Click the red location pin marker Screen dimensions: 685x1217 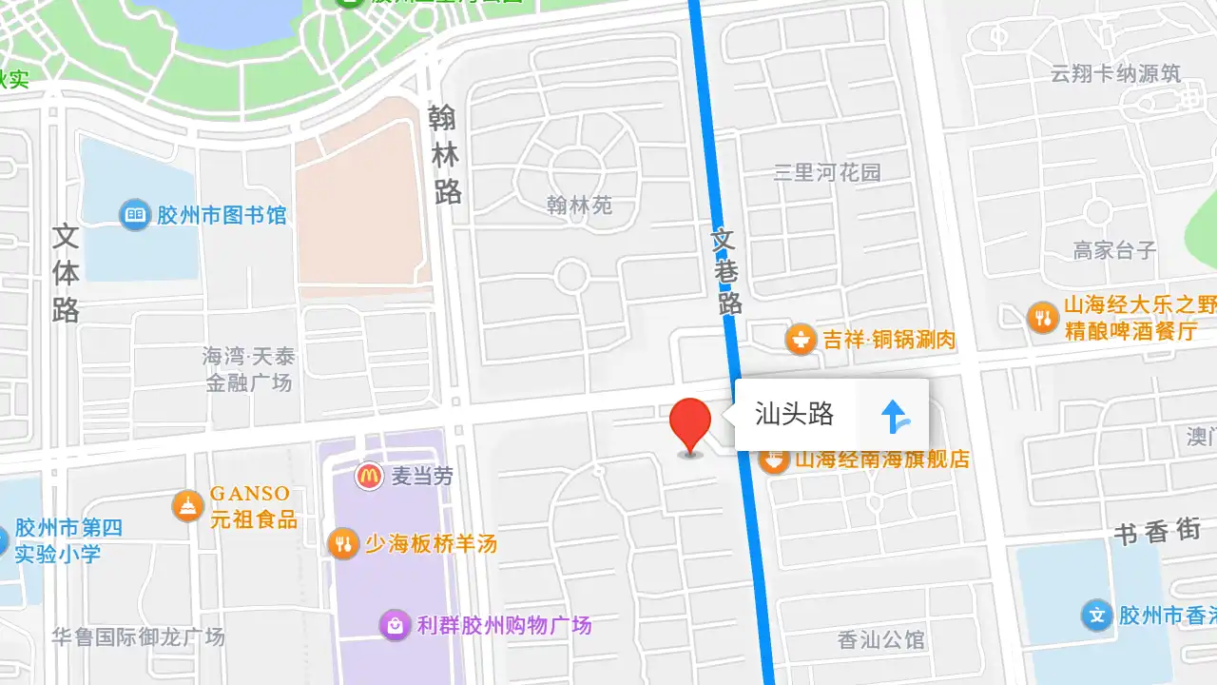pyautogui.click(x=690, y=424)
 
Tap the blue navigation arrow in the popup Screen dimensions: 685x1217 pyautogui.click(x=894, y=416)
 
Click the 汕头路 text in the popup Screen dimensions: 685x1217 pyautogui.click(x=794, y=414)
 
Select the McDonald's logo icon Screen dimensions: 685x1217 pyautogui.click(x=370, y=476)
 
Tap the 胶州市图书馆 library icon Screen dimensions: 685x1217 pyautogui.click(x=135, y=215)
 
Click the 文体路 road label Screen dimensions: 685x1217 pyautogui.click(x=66, y=273)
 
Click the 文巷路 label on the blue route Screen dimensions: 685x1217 pyautogui.click(x=726, y=270)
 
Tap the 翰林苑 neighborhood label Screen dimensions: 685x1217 pyautogui.click(x=580, y=205)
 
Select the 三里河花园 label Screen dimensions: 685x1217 pyautogui.click(x=827, y=172)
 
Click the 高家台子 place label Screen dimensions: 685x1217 pyautogui.click(x=1114, y=250)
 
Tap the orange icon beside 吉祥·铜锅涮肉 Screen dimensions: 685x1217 pyautogui.click(x=801, y=339)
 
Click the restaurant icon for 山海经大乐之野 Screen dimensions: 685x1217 pyautogui.click(x=1043, y=318)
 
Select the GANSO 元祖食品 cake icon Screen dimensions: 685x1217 pyautogui.click(x=188, y=506)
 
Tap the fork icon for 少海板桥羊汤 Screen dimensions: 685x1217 pyautogui.click(x=342, y=544)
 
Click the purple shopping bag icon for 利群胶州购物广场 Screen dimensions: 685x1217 pyautogui.click(x=394, y=625)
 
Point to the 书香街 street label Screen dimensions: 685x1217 pyautogui.click(x=1157, y=532)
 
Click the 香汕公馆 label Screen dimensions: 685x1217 pyautogui.click(x=881, y=640)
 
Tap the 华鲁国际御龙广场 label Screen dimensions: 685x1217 pyautogui.click(x=139, y=636)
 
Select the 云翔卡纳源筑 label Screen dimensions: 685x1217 pyautogui.click(x=1115, y=73)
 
